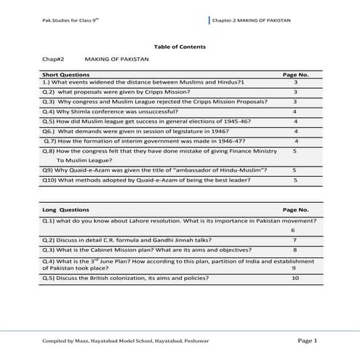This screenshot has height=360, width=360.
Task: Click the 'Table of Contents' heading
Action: pyautogui.click(x=180, y=47)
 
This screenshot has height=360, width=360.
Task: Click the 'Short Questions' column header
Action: pyautogui.click(x=61, y=74)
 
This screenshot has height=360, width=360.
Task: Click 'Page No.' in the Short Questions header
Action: pyautogui.click(x=295, y=74)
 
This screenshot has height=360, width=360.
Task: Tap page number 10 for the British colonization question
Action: pyautogui.click(x=295, y=277)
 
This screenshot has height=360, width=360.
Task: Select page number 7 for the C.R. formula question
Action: pyautogui.click(x=295, y=239)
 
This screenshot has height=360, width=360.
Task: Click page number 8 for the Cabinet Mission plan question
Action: pyautogui.click(x=295, y=249)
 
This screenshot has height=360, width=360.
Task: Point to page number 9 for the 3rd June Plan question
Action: pyautogui.click(x=294, y=268)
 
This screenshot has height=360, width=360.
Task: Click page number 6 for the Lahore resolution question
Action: pyautogui.click(x=293, y=229)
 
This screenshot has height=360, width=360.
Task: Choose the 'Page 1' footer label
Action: pyautogui.click(x=308, y=340)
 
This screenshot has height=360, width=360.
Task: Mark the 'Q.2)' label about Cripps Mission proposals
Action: pyautogui.click(x=47, y=92)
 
